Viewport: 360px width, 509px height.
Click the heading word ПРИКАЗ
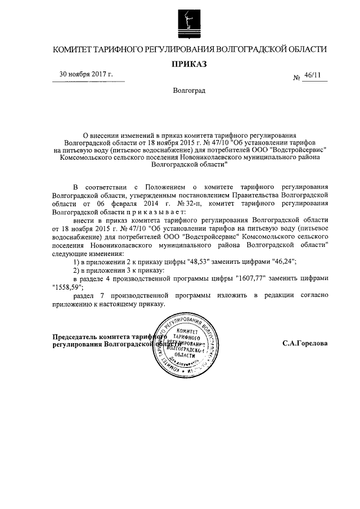(x=189, y=64)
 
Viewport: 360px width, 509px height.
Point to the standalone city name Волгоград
(x=189, y=91)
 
